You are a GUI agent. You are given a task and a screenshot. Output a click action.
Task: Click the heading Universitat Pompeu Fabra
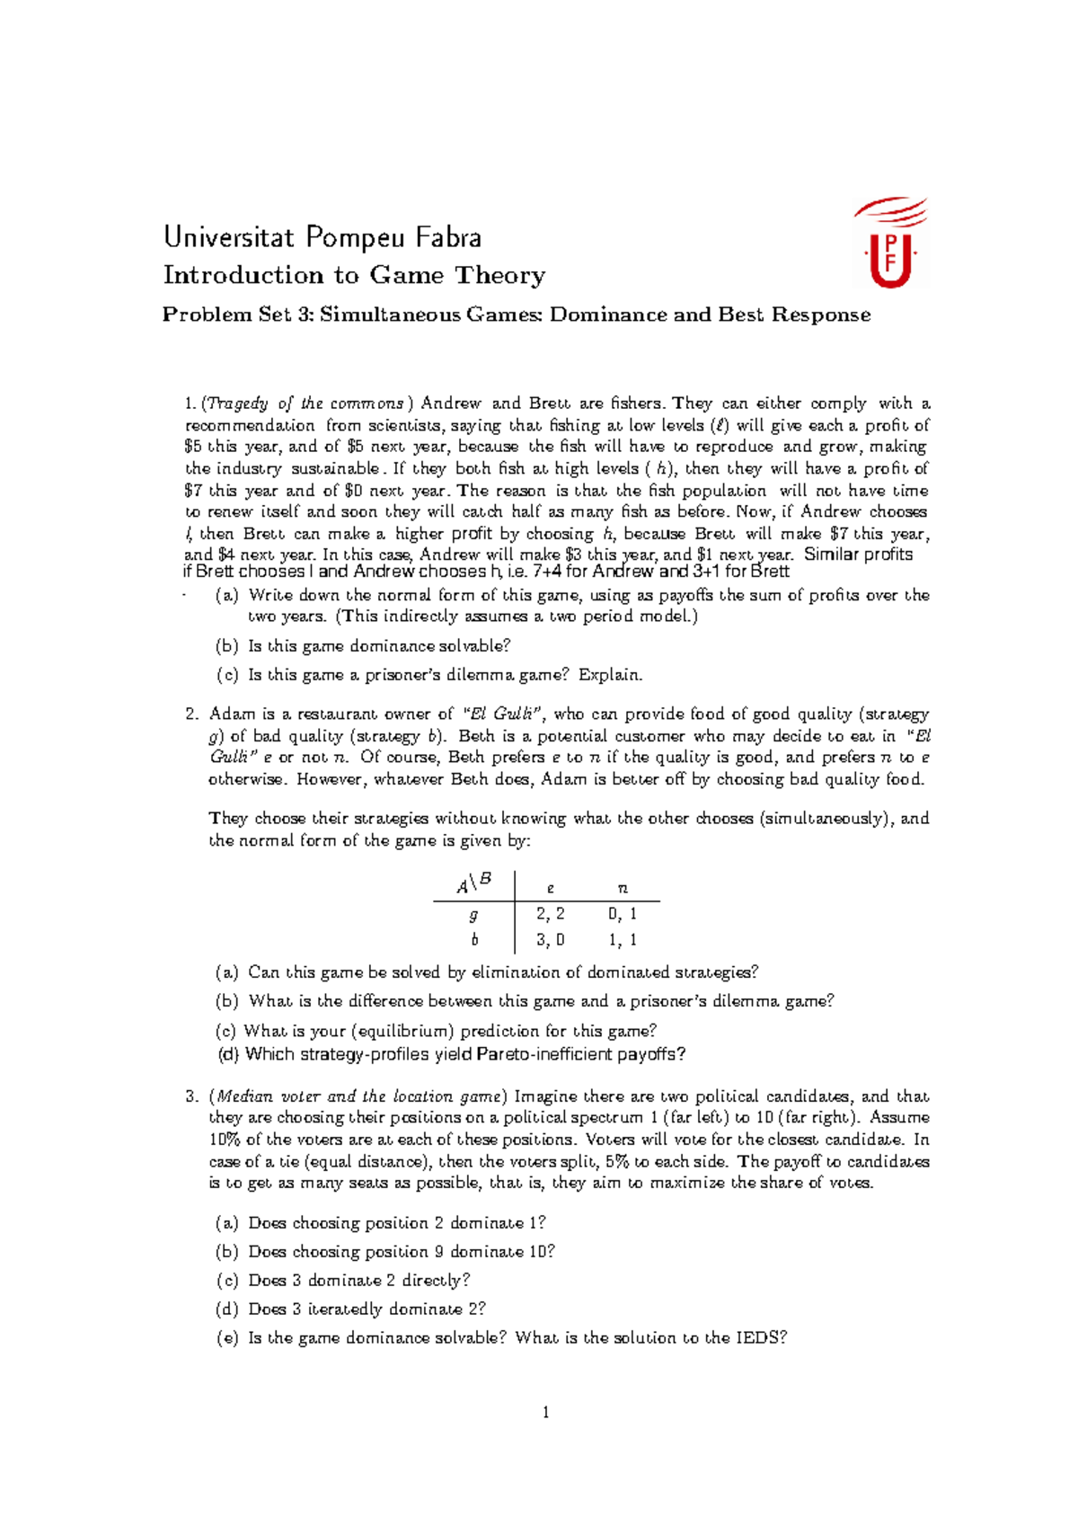pos(323,237)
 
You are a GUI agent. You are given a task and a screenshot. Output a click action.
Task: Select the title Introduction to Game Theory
pos(354,275)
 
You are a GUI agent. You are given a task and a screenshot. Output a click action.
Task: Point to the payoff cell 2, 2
pos(550,914)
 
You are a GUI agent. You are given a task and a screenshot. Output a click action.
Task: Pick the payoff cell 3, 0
pos(550,940)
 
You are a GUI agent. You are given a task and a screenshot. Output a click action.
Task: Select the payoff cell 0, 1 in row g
pos(622,914)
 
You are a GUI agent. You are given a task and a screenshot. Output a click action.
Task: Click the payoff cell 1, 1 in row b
pos(622,940)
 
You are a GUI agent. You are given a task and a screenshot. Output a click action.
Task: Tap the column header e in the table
pos(551,888)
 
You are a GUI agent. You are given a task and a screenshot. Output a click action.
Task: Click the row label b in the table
pos(473,940)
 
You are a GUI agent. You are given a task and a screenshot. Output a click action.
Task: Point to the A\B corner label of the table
pos(473,884)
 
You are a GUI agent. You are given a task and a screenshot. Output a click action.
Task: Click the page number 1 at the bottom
pos(545,1413)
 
